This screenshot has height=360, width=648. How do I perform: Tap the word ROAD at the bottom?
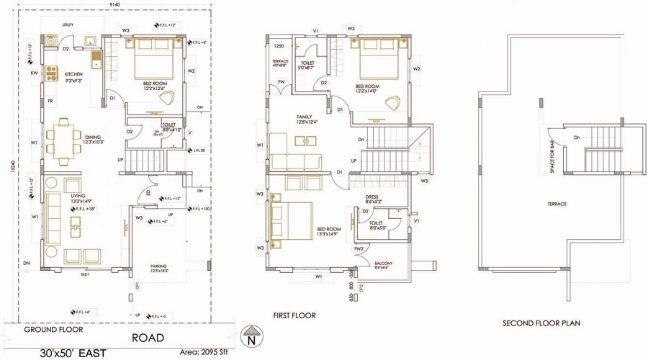[148, 338]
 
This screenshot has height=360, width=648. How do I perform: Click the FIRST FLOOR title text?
[294, 315]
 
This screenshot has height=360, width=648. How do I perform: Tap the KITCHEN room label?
[74, 74]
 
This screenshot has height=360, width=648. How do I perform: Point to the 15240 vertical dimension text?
[12, 166]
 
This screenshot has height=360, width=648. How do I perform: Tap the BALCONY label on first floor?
[383, 264]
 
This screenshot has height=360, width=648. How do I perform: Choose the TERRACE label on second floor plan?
[557, 204]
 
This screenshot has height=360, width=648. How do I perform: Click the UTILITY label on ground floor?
[68, 25]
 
